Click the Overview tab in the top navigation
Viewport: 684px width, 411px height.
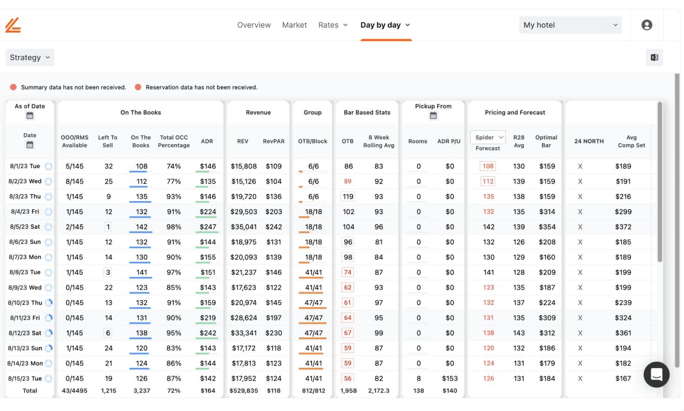[x=253, y=25]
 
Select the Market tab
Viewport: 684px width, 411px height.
[x=294, y=25]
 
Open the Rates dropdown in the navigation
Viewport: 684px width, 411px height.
[x=332, y=25]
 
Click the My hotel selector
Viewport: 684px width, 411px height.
[x=570, y=25]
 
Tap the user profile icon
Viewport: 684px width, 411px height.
[x=646, y=25]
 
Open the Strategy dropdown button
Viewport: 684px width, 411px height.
[x=30, y=57]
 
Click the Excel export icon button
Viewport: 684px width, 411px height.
[x=654, y=58]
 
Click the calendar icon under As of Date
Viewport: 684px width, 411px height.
[x=30, y=116]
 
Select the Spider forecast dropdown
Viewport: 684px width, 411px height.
[x=488, y=137]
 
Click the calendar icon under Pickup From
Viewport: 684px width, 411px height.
[x=433, y=116]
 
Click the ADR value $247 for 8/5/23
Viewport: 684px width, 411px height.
[x=207, y=227]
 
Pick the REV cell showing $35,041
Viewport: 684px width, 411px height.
[x=243, y=227]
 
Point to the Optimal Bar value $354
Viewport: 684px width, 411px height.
[x=547, y=227]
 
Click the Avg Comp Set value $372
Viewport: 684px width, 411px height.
[x=623, y=227]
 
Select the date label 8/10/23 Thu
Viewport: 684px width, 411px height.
[x=25, y=303]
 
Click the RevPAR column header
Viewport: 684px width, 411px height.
[x=273, y=141]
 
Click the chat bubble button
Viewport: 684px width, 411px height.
[x=656, y=374]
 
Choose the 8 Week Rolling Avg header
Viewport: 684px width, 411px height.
[x=379, y=141]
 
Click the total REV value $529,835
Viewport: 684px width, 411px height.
[x=243, y=391]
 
